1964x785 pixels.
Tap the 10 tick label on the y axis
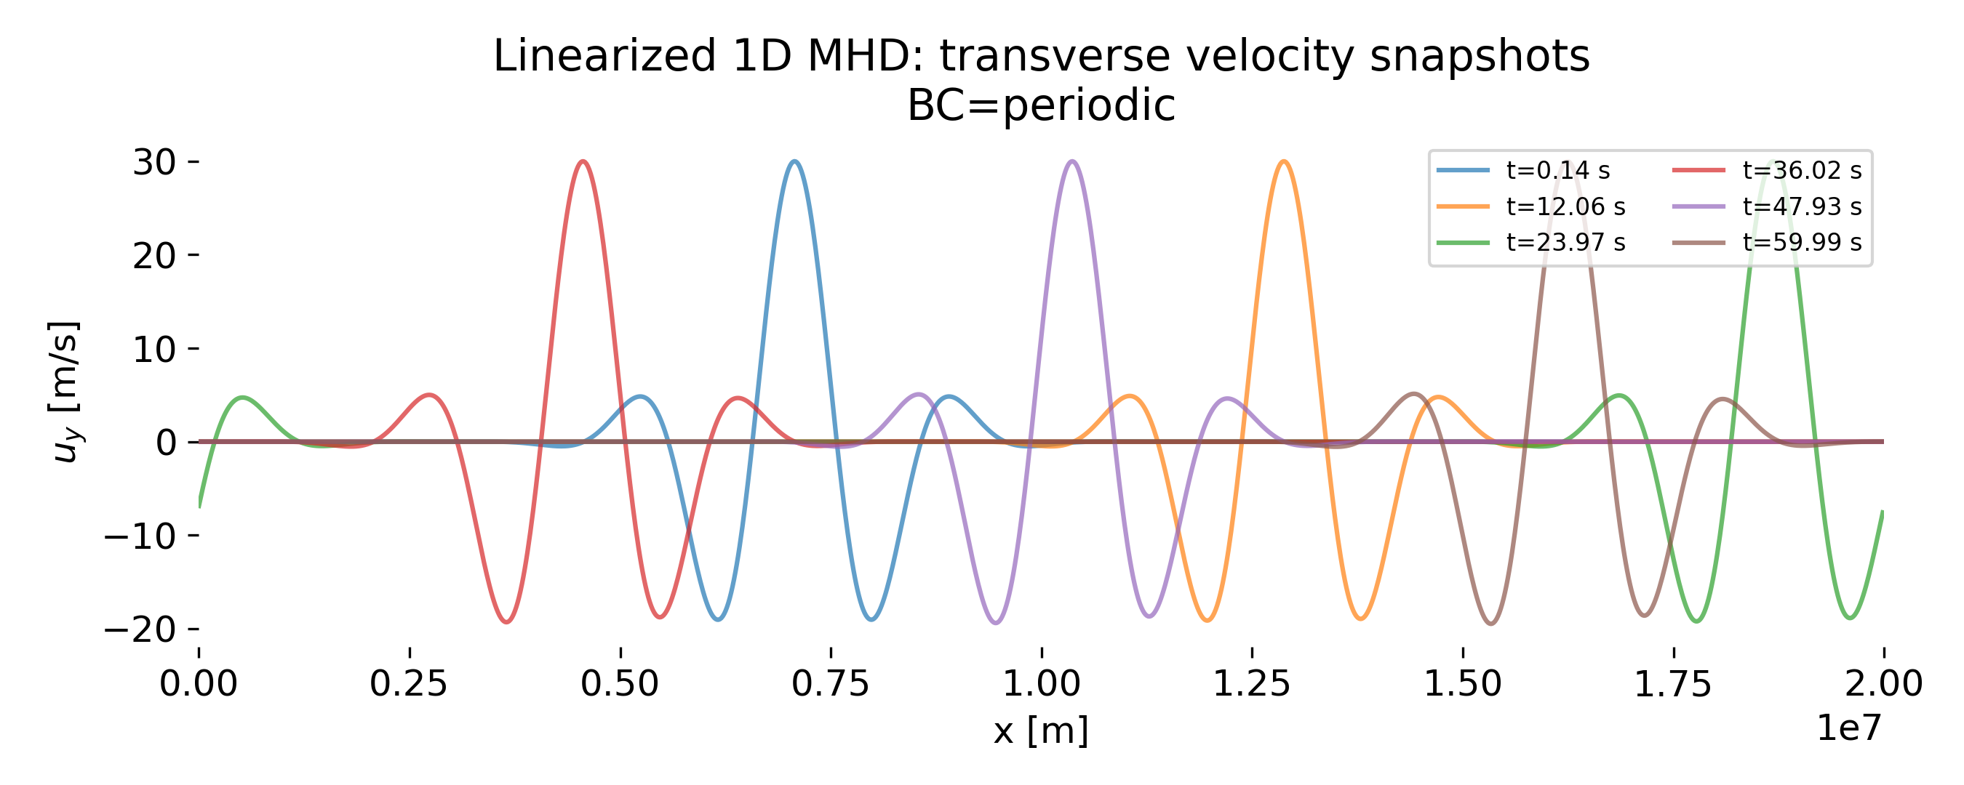click(154, 350)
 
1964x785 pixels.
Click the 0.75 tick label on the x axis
click(830, 685)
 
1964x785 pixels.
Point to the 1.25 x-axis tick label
click(1252, 685)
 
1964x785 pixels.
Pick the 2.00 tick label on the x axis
click(1883, 685)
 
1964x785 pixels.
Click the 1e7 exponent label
click(1850, 728)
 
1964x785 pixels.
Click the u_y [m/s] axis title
click(64, 392)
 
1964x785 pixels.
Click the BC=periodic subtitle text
click(1041, 105)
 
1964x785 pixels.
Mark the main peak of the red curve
click(583, 161)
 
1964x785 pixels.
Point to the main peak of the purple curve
click(1073, 161)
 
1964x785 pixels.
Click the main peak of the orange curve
click(1285, 161)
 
